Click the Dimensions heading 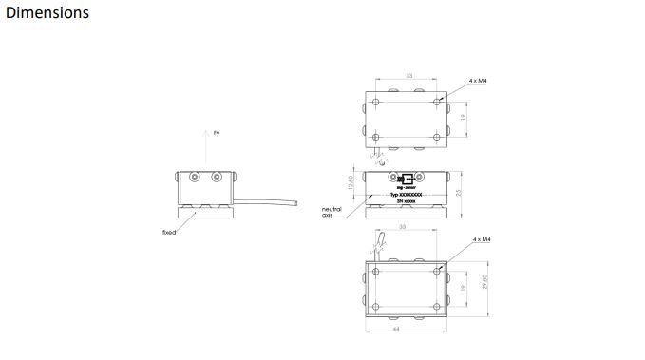pyautogui.click(x=47, y=13)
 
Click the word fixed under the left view pyautogui.click(x=169, y=231)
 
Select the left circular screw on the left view pyautogui.click(x=195, y=178)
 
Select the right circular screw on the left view pyautogui.click(x=218, y=178)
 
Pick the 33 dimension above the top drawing pyautogui.click(x=408, y=75)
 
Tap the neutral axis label pyautogui.click(x=332, y=212)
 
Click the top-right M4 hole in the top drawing pyautogui.click(x=437, y=101)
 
